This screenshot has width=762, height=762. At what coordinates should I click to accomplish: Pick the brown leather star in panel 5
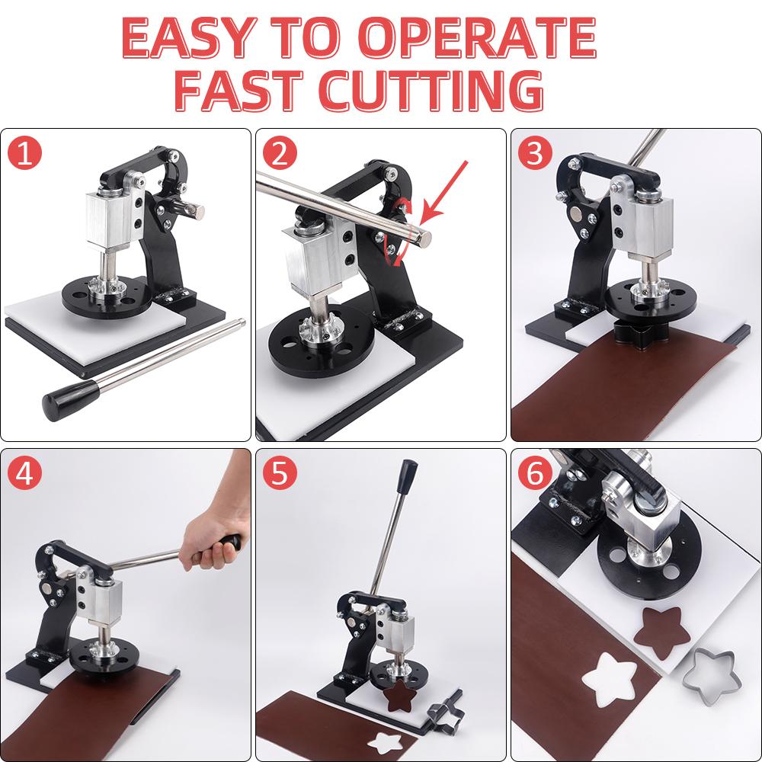(398, 694)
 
